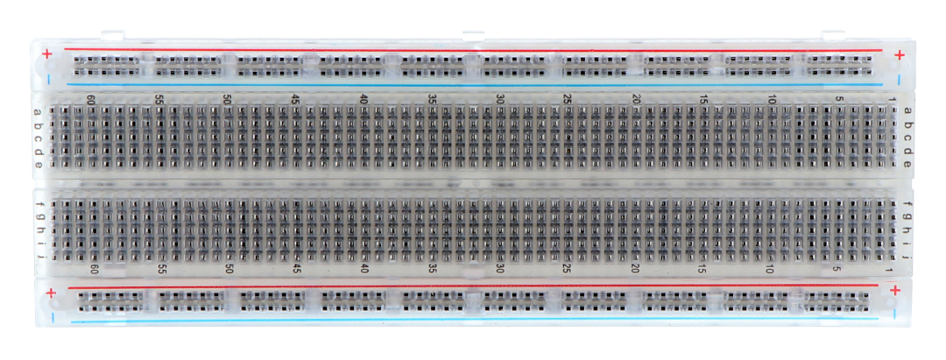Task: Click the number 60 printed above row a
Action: (x=90, y=99)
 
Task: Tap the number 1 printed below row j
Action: (x=888, y=271)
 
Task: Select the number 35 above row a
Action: (x=432, y=99)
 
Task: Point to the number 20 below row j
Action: (x=635, y=270)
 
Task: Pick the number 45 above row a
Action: (x=296, y=99)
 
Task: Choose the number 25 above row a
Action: (x=567, y=99)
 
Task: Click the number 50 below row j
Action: (x=229, y=269)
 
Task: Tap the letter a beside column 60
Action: (x=38, y=112)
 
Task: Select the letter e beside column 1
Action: (x=907, y=164)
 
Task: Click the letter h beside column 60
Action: (x=39, y=230)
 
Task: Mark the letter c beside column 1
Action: (x=907, y=138)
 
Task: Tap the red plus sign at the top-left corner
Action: (x=47, y=54)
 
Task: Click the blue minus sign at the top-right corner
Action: (x=899, y=79)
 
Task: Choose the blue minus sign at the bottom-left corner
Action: (x=53, y=316)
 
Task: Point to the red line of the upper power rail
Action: (x=474, y=50)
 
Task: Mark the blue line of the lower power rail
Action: (x=474, y=321)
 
